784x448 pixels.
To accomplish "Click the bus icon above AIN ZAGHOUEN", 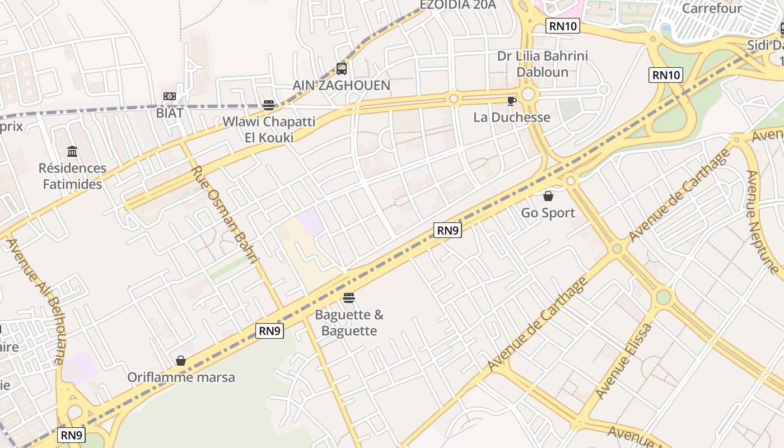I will tap(341, 69).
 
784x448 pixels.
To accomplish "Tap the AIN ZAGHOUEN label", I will tap(342, 86).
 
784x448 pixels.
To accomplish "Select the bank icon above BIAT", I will tap(170, 96).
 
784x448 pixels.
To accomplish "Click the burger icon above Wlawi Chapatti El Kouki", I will tap(269, 105).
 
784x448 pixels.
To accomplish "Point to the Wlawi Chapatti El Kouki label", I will tap(269, 129).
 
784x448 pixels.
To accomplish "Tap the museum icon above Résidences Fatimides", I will tap(72, 151).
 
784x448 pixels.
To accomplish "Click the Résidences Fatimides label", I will tap(72, 176).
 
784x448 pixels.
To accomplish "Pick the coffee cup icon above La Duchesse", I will tap(511, 101).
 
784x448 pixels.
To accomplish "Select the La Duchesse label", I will tap(512, 118).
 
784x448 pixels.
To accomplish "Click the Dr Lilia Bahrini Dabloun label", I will tap(535, 64).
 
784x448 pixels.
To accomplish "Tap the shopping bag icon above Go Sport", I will tap(548, 196).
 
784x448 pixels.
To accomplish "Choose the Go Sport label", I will tap(548, 213).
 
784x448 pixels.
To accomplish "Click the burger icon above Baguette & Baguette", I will tap(349, 297).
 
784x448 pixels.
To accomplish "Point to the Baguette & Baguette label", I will tap(349, 323).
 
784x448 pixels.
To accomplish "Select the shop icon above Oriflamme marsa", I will tap(181, 361).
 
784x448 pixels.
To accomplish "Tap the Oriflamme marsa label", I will tap(181, 377).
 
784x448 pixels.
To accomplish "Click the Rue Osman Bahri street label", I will tap(226, 214).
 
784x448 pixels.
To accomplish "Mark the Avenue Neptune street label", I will tap(762, 222).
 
